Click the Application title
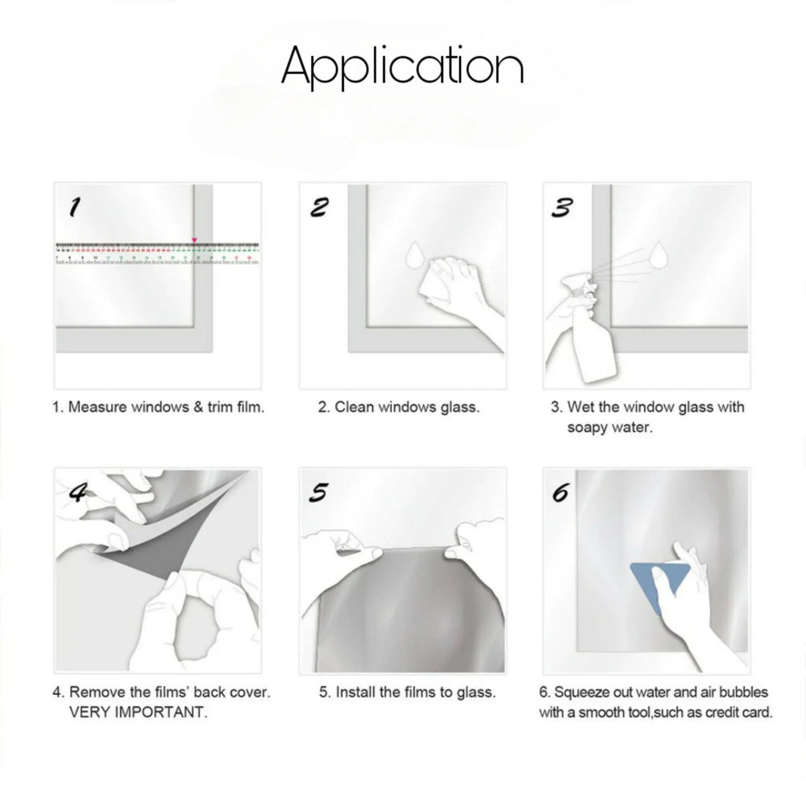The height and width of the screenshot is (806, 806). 402,66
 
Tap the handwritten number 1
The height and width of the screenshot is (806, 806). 75,207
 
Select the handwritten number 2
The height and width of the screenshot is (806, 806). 319,207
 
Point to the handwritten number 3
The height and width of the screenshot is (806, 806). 561,208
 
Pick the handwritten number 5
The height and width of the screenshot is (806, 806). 318,493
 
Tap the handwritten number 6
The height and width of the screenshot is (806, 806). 560,493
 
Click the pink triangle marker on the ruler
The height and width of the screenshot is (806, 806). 194,240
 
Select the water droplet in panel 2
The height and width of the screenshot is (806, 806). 414,255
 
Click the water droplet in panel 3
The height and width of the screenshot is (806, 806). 659,255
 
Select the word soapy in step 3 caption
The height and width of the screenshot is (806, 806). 585,427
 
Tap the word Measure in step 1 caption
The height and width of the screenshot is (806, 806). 97,407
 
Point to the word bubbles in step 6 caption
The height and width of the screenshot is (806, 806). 743,693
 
